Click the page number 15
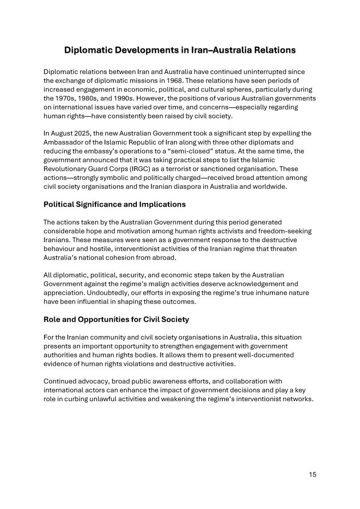tap(312, 474)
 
